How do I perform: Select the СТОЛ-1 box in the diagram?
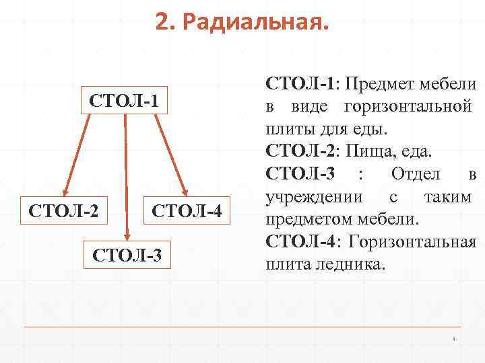125,102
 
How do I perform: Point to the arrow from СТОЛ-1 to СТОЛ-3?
126,175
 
